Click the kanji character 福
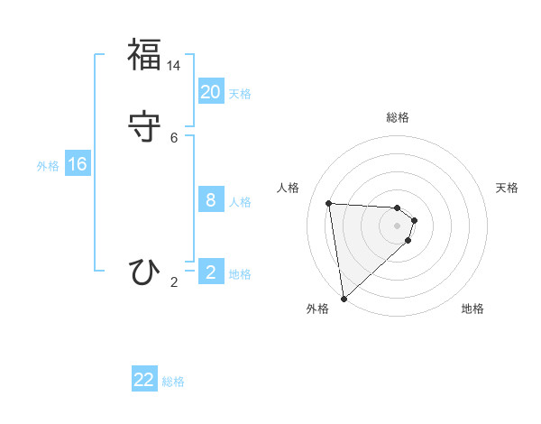(x=143, y=55)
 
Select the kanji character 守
(x=143, y=125)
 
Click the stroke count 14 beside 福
(x=174, y=66)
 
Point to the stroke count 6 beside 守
(x=174, y=137)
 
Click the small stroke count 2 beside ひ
(x=174, y=282)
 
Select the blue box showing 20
(x=210, y=91)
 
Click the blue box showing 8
(x=210, y=199)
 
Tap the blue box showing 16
(x=77, y=164)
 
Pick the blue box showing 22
(x=144, y=380)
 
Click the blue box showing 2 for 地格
(x=210, y=272)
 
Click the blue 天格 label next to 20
(x=240, y=93)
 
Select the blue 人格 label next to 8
(x=240, y=201)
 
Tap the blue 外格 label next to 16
(x=48, y=166)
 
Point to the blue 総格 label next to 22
(x=173, y=382)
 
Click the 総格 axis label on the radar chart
(x=398, y=117)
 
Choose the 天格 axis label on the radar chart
(x=507, y=188)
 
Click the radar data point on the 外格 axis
(x=344, y=298)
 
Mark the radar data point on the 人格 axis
(x=329, y=203)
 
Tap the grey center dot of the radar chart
(x=398, y=237)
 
